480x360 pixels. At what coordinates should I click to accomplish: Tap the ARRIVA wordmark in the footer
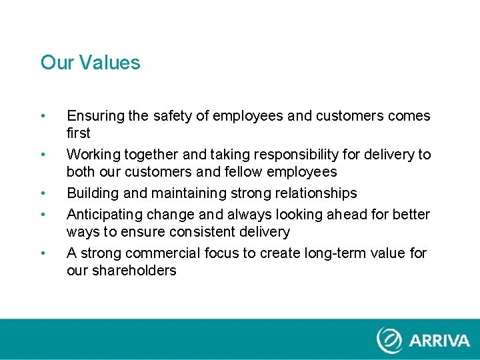(439, 341)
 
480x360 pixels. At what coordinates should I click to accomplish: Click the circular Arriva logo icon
(389, 340)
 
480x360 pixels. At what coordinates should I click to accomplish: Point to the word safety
(173, 116)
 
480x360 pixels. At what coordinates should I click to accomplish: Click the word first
(79, 133)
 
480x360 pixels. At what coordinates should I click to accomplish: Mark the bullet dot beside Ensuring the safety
(43, 116)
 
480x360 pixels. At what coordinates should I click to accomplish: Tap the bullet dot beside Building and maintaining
(43, 193)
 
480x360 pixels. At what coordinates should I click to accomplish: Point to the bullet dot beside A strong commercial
(43, 253)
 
